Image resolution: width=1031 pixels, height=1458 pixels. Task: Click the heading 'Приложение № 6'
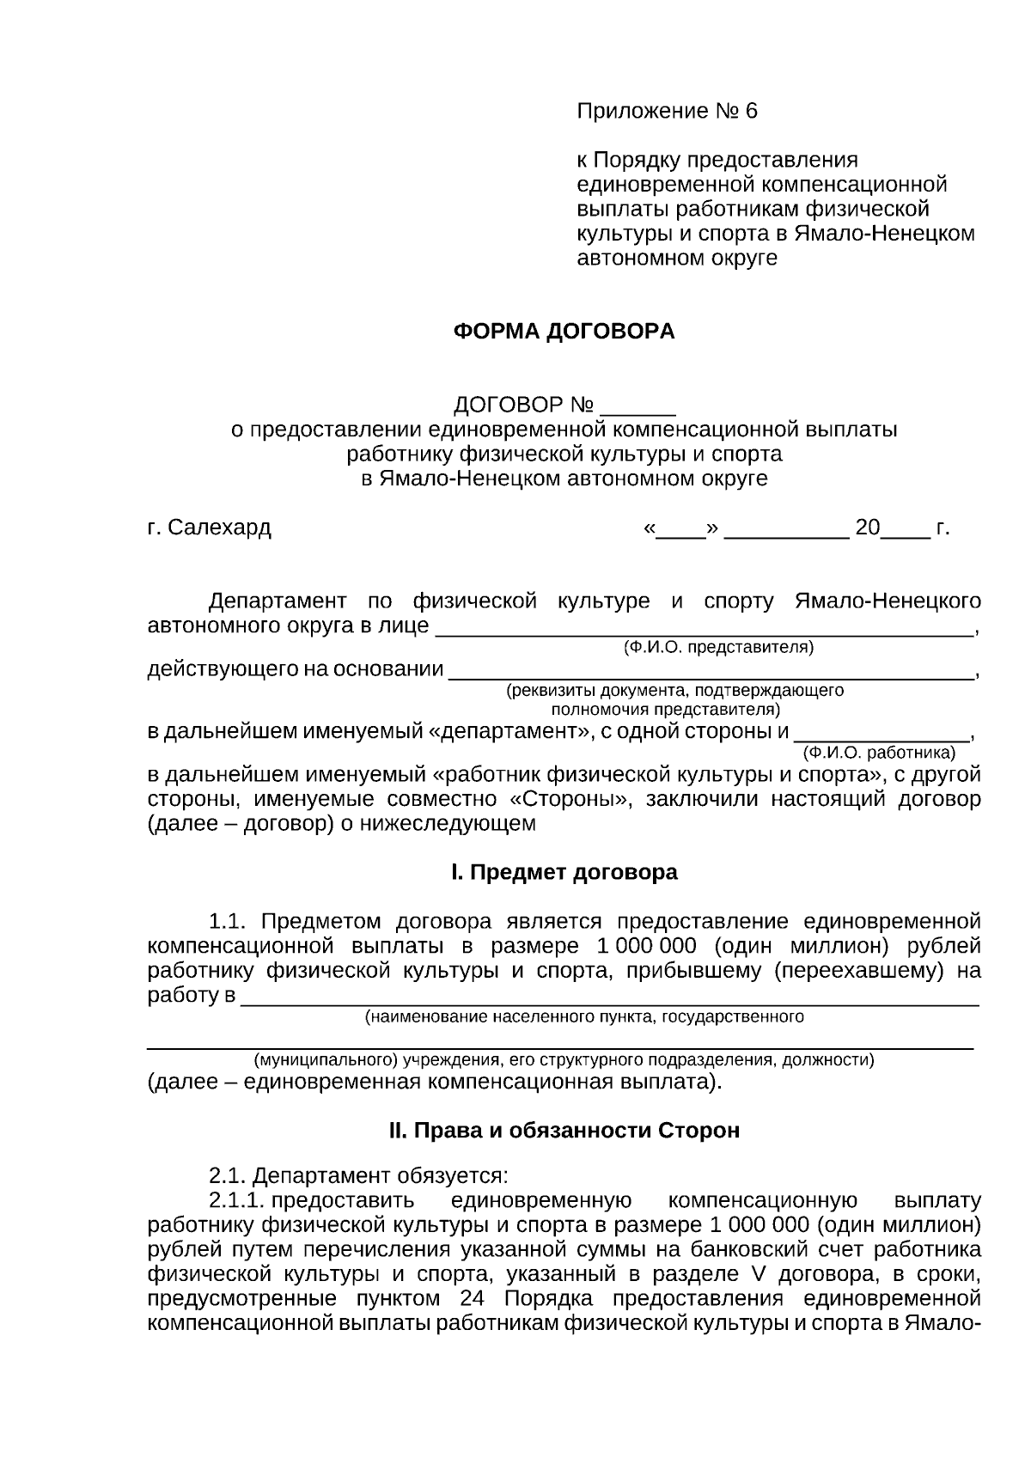click(667, 112)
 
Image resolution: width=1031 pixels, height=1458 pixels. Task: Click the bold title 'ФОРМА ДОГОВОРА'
click(564, 332)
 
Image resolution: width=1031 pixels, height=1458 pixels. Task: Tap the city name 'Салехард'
click(219, 528)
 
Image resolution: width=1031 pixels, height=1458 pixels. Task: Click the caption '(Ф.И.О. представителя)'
click(717, 647)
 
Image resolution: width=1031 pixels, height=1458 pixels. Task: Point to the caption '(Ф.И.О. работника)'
click(878, 753)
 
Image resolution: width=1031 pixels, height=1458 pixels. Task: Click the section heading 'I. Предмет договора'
click(564, 873)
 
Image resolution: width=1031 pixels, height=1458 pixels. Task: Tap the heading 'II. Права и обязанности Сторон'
click(564, 1131)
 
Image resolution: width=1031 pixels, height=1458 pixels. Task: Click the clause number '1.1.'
click(228, 922)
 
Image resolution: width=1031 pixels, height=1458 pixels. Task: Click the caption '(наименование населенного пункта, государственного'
click(584, 1017)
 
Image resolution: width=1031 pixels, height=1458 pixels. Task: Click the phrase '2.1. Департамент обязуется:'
click(359, 1174)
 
